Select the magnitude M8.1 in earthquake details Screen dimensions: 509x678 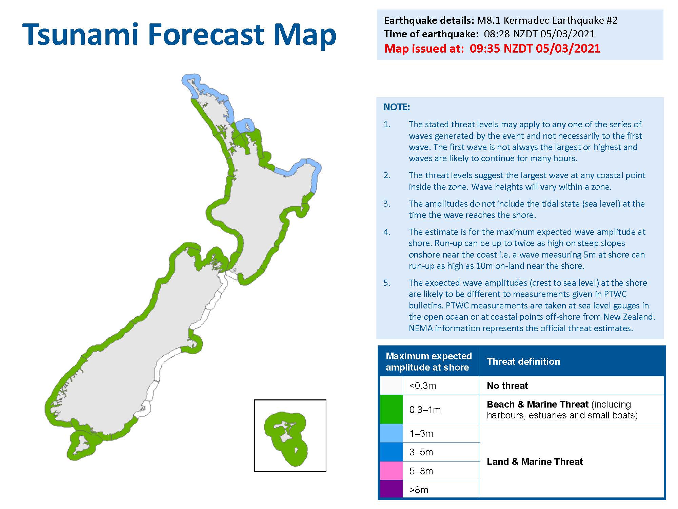coord(488,20)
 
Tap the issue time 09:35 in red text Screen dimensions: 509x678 coord(484,49)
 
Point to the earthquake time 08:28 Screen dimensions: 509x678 coord(496,34)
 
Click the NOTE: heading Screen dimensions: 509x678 coord(396,107)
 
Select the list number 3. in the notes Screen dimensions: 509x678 coord(387,204)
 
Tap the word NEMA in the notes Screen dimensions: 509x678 coord(420,328)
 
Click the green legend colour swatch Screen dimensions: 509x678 coord(391,409)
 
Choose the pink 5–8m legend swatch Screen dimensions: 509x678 coord(391,471)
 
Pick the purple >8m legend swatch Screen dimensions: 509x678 coord(391,489)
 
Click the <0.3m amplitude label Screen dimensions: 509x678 coord(422,386)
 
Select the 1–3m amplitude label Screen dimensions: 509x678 coord(421,433)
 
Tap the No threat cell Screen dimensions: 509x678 coord(507,386)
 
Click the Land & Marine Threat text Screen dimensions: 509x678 coord(535,461)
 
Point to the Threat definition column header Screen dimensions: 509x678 coord(523,361)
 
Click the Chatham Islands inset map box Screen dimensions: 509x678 coord(290,436)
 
